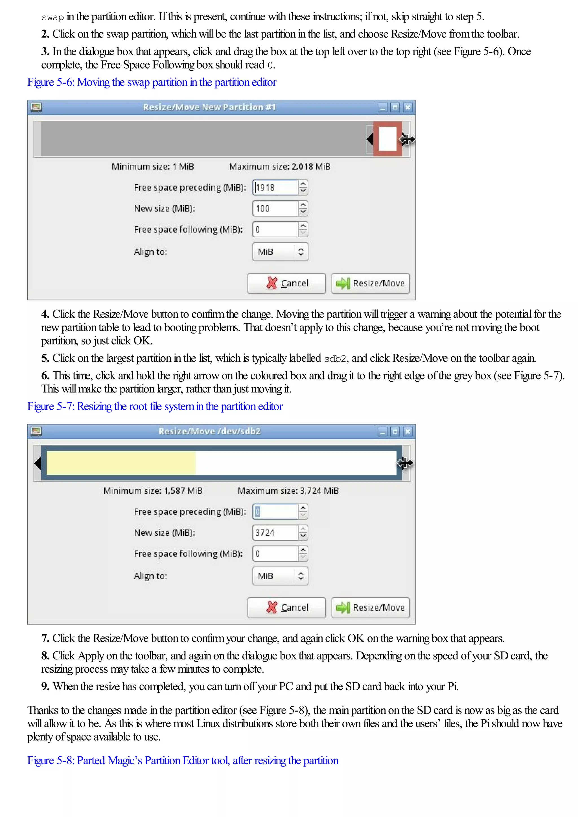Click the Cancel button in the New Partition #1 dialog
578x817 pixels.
(x=286, y=283)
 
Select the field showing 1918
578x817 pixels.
(x=275, y=187)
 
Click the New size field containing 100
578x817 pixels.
(x=275, y=209)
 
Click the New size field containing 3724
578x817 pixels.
(x=275, y=533)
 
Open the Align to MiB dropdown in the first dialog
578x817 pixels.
(x=280, y=252)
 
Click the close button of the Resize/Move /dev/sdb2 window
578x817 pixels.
(x=408, y=432)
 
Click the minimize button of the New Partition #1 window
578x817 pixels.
(x=382, y=107)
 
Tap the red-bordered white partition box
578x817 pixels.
(x=387, y=139)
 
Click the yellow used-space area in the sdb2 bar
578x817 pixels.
(x=121, y=463)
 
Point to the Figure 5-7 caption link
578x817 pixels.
(x=155, y=406)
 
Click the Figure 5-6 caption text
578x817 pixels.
(x=152, y=82)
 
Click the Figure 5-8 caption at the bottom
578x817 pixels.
(x=183, y=760)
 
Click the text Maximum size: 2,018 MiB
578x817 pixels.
(x=280, y=167)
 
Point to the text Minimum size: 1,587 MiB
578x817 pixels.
(x=153, y=491)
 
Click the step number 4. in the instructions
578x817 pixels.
(x=45, y=314)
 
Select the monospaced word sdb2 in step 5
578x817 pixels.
(x=335, y=359)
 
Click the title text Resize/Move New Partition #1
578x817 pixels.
(x=209, y=107)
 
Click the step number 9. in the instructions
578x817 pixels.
(x=45, y=686)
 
